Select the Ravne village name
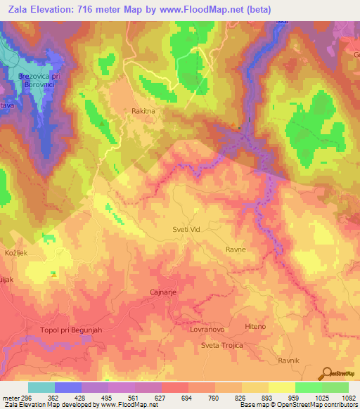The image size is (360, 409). [235, 249]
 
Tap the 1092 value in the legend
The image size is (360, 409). [347, 397]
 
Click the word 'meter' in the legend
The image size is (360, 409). [8, 397]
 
